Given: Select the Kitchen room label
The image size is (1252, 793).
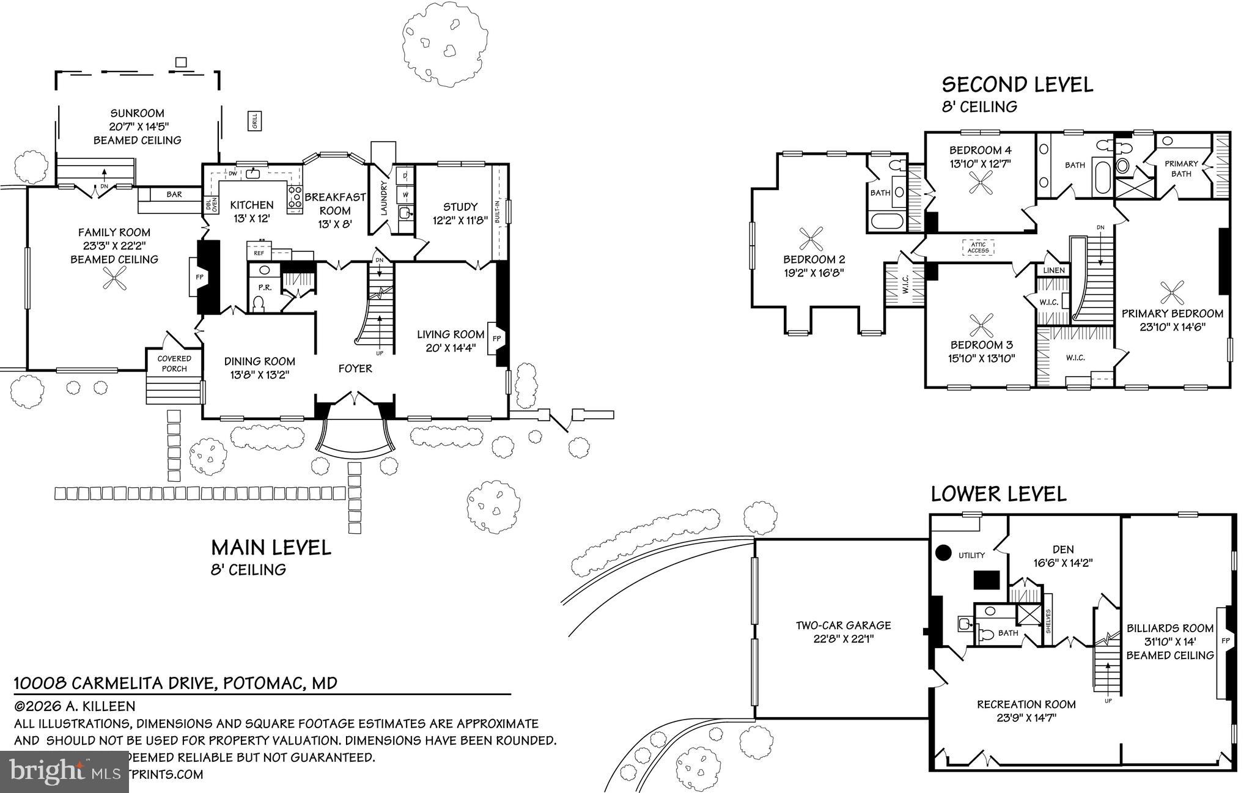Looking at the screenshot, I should [251, 205].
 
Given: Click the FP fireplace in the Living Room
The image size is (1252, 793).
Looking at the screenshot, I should [496, 338].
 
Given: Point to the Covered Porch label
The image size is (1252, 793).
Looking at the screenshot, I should [174, 363].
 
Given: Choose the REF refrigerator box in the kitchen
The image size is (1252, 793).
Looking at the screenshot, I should [259, 252].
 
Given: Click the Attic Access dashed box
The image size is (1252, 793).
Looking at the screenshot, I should [978, 247].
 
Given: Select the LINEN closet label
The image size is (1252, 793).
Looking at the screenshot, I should [1054, 270].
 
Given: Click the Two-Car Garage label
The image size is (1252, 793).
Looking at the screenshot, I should [843, 632].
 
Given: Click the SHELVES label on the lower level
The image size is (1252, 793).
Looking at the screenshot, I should [1048, 621].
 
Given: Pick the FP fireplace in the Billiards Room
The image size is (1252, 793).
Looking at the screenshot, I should [1224, 641].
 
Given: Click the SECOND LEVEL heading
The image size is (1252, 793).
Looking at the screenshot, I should [1017, 84].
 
